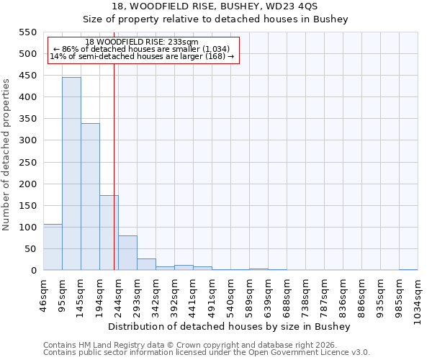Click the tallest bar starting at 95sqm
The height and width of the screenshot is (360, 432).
click(x=71, y=174)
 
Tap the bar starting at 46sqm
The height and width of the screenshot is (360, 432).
click(x=53, y=247)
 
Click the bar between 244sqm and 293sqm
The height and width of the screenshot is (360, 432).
click(x=127, y=253)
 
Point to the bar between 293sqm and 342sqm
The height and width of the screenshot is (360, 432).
click(x=146, y=264)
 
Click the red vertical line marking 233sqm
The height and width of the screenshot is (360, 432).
click(x=114, y=166)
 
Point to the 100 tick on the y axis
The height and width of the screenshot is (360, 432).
click(x=27, y=228)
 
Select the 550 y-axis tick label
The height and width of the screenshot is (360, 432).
click(x=27, y=32)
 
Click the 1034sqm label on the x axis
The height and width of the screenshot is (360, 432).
click(x=418, y=294)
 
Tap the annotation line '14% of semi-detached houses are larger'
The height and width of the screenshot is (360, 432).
click(x=142, y=57)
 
